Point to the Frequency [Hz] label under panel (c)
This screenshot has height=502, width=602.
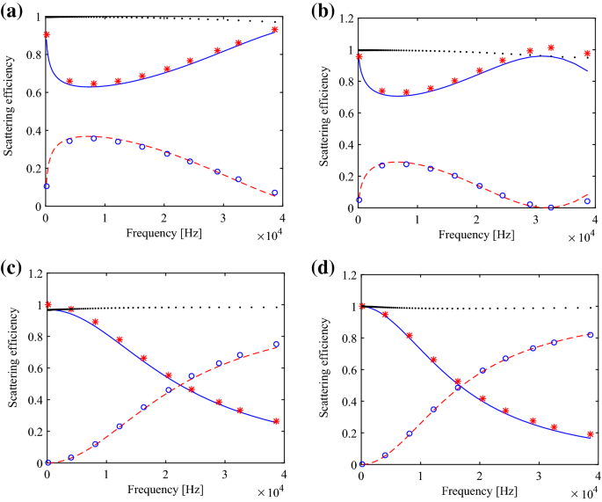(x=163, y=487)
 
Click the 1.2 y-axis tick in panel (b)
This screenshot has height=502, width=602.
(x=342, y=18)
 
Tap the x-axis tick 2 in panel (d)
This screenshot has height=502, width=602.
(x=478, y=476)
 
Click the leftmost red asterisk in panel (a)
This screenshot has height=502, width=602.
(x=47, y=34)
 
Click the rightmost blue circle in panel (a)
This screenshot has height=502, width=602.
(x=274, y=193)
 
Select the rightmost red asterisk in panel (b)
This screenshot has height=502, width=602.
(x=588, y=54)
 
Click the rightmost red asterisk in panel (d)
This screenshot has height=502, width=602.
(x=590, y=433)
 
